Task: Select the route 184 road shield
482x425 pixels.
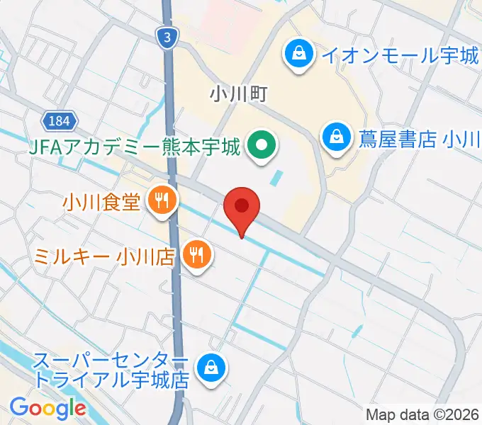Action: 60,121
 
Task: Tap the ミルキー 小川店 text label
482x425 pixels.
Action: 104,254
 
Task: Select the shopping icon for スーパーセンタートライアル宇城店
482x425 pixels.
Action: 211,367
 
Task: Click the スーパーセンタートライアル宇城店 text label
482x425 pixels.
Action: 112,369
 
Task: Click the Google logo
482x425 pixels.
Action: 47,408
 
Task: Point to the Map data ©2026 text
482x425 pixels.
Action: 423,414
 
